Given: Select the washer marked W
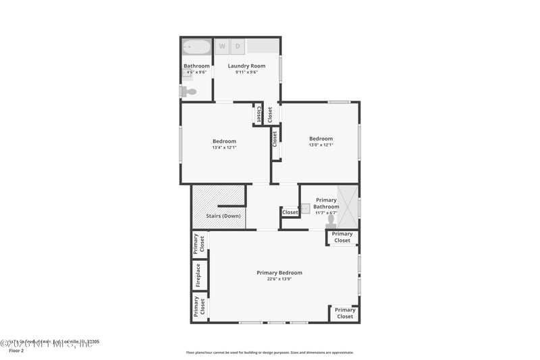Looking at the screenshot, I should pos(222,47).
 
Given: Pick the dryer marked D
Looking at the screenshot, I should pos(237,47).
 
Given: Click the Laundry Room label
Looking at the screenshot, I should pos(246,66).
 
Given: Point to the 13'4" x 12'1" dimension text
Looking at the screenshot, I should pos(225,147).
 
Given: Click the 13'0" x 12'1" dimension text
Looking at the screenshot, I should pos(321,145).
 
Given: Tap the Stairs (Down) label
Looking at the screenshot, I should pos(223,215).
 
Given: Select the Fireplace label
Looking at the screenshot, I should pos(198,275).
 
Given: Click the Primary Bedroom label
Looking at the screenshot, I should pos(279,272).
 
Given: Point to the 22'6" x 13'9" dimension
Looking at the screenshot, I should pos(279,279).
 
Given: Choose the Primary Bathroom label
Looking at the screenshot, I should pos(326,203).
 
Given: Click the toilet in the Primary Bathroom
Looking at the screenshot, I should pos(331,221).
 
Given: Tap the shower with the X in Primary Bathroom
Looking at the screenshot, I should pos(348,206).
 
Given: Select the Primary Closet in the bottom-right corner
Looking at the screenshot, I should pos(345,313).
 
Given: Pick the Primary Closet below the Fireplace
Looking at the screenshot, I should pos(198,307).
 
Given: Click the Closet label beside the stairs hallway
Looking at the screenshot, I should pos(290,212).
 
